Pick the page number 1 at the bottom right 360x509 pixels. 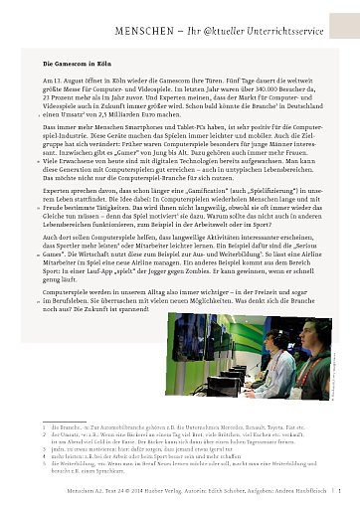339,492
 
